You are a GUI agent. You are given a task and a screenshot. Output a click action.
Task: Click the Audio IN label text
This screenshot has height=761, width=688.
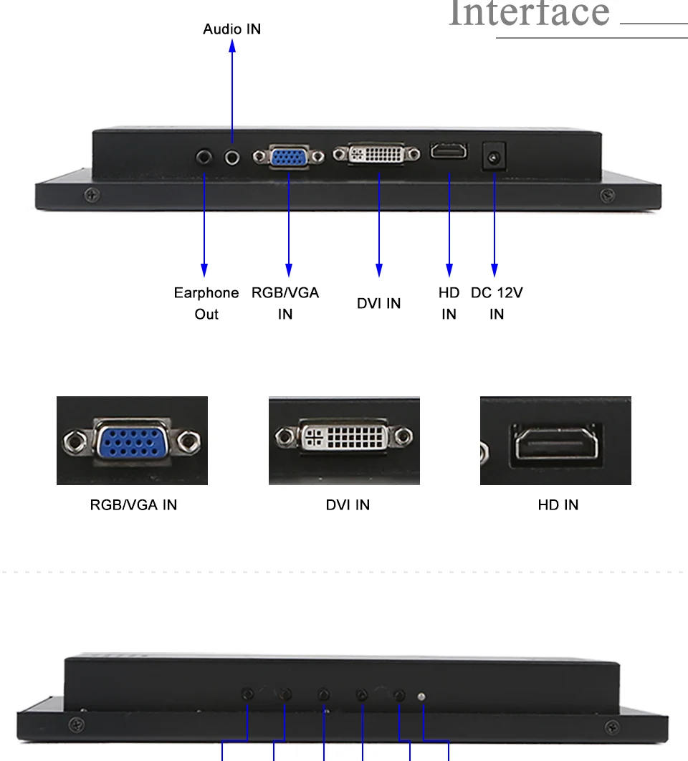231,29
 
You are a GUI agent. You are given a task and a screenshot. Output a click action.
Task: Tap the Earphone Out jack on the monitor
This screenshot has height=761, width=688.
204,157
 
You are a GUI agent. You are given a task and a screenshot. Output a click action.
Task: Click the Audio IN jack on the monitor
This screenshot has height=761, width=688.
232,158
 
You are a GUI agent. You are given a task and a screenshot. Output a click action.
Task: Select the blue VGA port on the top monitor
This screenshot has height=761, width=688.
288,157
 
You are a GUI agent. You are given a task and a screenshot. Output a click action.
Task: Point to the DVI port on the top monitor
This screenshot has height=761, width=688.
377,154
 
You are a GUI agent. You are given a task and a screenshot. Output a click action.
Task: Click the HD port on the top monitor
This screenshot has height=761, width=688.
449,151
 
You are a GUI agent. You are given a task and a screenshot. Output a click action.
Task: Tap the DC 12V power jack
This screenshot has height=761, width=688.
494,157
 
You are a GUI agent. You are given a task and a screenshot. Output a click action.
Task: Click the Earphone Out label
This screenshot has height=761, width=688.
206,303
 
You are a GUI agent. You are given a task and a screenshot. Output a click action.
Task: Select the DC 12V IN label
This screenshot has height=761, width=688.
497,303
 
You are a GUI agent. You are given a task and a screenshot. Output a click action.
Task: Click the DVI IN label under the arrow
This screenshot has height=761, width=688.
378,303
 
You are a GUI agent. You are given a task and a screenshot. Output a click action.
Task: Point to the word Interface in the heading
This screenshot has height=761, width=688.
529,13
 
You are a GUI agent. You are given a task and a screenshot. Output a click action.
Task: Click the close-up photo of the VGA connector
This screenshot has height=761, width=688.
132,440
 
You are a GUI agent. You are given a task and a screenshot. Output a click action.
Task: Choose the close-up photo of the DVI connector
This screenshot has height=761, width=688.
344,440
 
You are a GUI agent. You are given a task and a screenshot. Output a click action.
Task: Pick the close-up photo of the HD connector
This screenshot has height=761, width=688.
555,440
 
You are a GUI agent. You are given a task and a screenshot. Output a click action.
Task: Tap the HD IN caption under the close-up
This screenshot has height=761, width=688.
558,504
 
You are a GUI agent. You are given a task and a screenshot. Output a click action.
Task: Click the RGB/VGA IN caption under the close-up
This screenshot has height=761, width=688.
133,504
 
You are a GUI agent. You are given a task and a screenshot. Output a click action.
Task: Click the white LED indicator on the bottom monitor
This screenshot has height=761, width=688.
421,697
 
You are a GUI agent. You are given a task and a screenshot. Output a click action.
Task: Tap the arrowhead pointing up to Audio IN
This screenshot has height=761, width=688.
232,46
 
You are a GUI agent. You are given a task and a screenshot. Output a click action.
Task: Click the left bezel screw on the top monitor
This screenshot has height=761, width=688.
92,195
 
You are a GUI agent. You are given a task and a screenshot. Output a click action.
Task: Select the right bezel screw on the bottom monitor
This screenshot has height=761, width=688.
612,727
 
